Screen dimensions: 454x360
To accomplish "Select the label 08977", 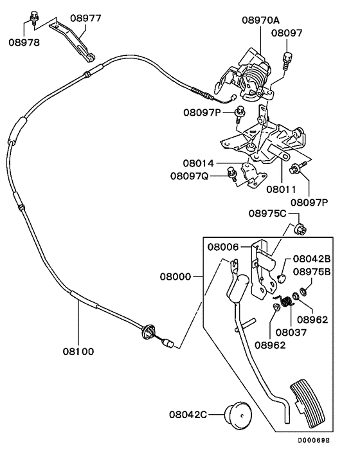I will click(x=85, y=19).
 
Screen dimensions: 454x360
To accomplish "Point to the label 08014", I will click(x=198, y=164).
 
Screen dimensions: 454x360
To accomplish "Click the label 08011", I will click(x=282, y=190).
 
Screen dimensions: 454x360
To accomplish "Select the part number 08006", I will click(x=223, y=246).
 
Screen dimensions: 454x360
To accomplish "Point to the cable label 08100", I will click(x=78, y=351).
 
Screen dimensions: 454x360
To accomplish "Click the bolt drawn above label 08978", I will click(x=33, y=15).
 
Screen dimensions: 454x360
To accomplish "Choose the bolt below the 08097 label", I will click(x=287, y=59).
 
